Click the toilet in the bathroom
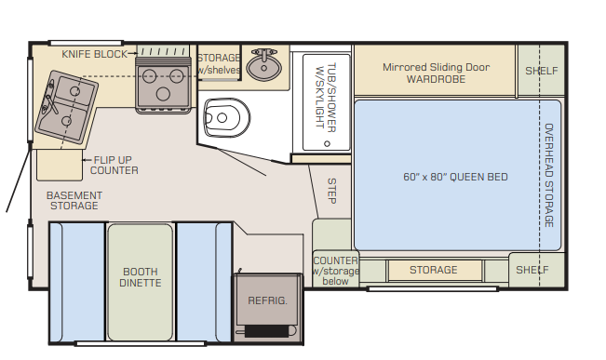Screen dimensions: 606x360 point(226,118)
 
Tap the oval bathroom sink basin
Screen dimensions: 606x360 point(264,68)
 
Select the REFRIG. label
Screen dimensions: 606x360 point(267,300)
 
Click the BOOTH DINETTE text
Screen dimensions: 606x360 point(141,277)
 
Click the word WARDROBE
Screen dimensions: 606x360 point(436,79)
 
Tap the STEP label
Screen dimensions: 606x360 point(331,191)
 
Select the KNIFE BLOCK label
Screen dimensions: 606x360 point(94,54)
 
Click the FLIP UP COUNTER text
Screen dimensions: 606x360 point(114,166)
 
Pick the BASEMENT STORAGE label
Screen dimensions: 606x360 point(74,201)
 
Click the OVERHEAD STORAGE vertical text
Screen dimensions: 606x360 point(549,176)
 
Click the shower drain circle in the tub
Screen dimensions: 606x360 point(327,143)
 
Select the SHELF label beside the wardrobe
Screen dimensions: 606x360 point(542,71)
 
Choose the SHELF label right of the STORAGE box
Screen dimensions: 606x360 point(532,270)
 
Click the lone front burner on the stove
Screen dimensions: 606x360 point(163,94)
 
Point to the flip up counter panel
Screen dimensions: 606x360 point(60,165)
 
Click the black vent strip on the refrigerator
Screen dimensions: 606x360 point(266,331)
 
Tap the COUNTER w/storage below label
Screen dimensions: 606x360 point(335,271)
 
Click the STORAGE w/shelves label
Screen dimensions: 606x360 point(219,64)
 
